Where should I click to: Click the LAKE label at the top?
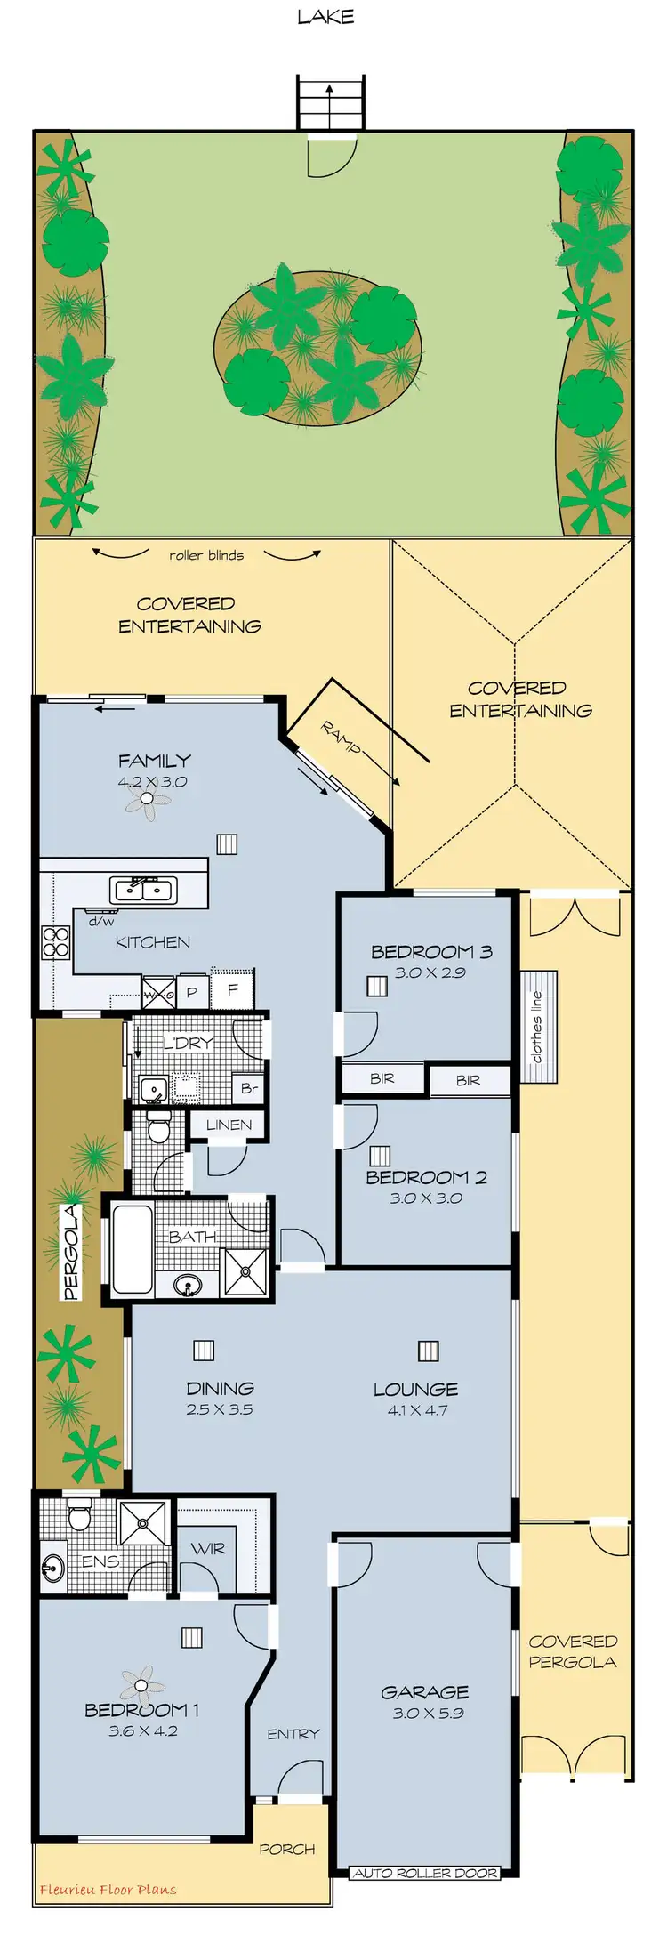pyautogui.click(x=325, y=17)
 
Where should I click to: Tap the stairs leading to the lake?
pyautogui.click(x=330, y=103)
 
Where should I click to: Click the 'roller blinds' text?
pyautogui.click(x=206, y=555)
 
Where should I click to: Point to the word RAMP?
pyautogui.click(x=341, y=738)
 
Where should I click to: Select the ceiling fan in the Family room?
pyautogui.click(x=147, y=800)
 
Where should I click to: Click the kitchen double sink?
pyautogui.click(x=143, y=889)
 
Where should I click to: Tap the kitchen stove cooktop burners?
pyautogui.click(x=56, y=942)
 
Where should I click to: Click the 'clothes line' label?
pyautogui.click(x=537, y=1027)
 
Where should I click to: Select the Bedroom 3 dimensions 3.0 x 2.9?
pyautogui.click(x=430, y=972)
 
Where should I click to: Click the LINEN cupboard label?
pyautogui.click(x=229, y=1125)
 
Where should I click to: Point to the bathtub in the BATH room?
pyautogui.click(x=132, y=1248)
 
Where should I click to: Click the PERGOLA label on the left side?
pyautogui.click(x=71, y=1252)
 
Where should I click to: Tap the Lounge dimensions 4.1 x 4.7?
pyautogui.click(x=417, y=1410)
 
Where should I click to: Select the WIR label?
pyautogui.click(x=208, y=1549)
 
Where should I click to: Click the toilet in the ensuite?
pyautogui.click(x=80, y=1513)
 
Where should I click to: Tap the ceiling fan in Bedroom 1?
pyautogui.click(x=142, y=1684)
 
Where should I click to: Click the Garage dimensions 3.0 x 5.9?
pyautogui.click(x=427, y=1713)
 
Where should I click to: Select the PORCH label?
pyautogui.click(x=286, y=1849)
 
